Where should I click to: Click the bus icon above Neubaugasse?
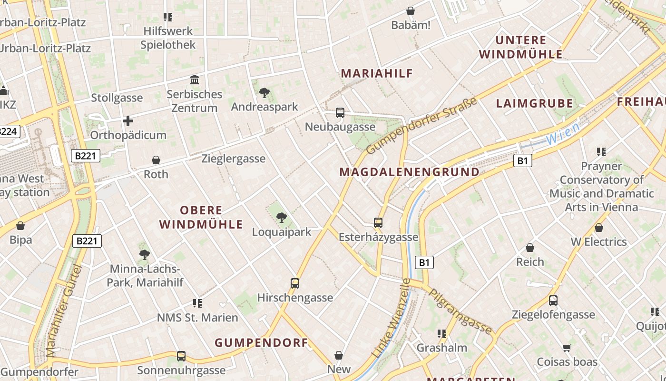coord(340,113)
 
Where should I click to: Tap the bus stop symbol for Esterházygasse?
coord(378,222)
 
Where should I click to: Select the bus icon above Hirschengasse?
coord(295,283)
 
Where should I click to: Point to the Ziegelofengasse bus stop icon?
coord(553,301)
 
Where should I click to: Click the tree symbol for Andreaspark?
coord(264,93)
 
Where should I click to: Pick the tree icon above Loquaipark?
coord(282,218)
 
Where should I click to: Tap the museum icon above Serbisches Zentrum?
coord(194,80)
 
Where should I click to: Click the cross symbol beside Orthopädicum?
coord(128,121)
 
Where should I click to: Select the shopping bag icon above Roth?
coord(156,160)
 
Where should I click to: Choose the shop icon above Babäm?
coord(411,10)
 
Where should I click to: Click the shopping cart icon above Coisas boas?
coord(567,348)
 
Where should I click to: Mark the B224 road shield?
coord(9,131)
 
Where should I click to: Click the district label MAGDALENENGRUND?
coord(410,172)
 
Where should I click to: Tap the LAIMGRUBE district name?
coord(534,103)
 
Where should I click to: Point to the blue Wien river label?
coord(563,134)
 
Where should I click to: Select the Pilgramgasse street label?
coord(460,311)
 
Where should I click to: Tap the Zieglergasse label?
coord(233,159)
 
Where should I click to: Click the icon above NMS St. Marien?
coord(197,303)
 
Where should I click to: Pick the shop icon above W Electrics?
coord(599,228)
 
